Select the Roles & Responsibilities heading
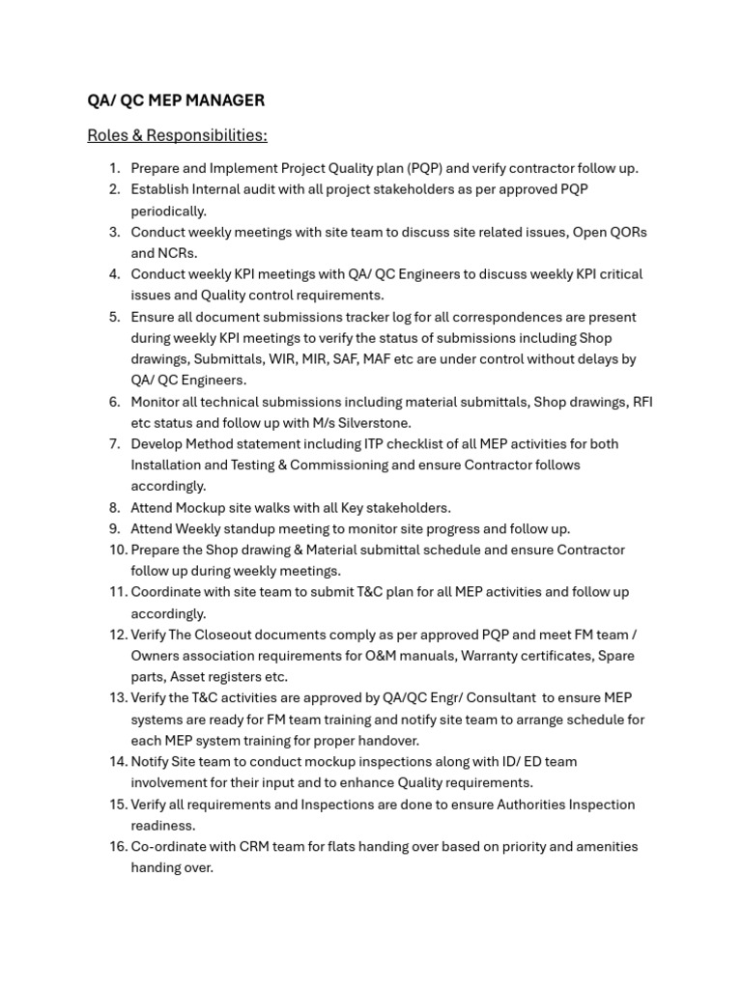[x=177, y=135]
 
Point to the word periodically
[x=169, y=211]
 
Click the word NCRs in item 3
[x=178, y=253]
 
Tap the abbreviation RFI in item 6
[x=642, y=402]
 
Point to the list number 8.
[x=114, y=508]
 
